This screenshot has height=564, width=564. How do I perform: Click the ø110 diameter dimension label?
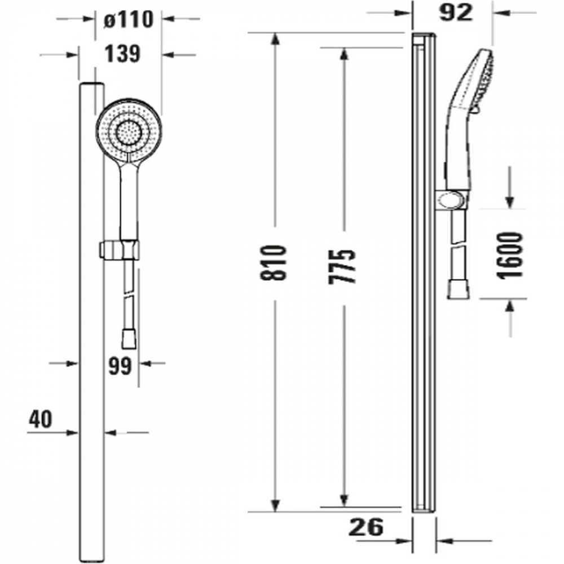(x=129, y=19)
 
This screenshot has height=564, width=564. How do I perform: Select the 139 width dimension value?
(x=122, y=54)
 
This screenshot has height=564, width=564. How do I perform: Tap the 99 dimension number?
(x=120, y=367)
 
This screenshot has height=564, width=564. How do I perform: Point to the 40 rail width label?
(x=41, y=419)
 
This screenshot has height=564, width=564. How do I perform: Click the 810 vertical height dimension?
(x=274, y=263)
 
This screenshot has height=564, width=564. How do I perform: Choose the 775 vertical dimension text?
(x=342, y=267)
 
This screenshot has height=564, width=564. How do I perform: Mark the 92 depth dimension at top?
(x=455, y=13)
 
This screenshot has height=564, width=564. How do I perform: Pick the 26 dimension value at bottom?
(x=366, y=527)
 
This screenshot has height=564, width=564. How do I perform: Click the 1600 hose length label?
(x=509, y=255)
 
